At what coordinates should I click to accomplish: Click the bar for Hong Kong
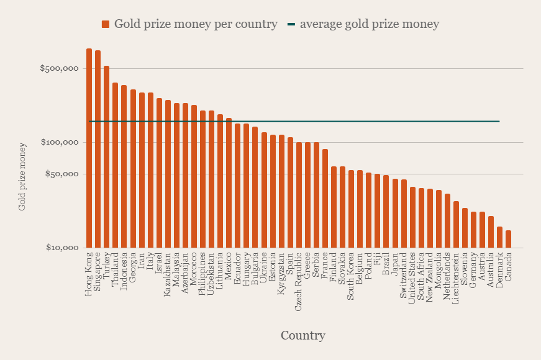pyautogui.click(x=89, y=148)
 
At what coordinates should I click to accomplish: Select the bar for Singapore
pyautogui.click(x=98, y=149)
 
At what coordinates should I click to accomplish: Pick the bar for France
pyautogui.click(x=325, y=199)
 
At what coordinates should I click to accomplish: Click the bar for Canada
pyautogui.click(x=508, y=239)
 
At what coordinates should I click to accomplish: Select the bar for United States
pyautogui.click(x=412, y=217)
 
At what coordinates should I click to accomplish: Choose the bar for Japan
pyautogui.click(x=395, y=214)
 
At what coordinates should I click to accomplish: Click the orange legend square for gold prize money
pyautogui.click(x=106, y=24)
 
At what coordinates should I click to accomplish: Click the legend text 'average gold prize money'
pyautogui.click(x=369, y=24)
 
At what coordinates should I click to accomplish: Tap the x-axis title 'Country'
pyautogui.click(x=302, y=336)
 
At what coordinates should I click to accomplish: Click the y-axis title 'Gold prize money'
pyautogui.click(x=22, y=177)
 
